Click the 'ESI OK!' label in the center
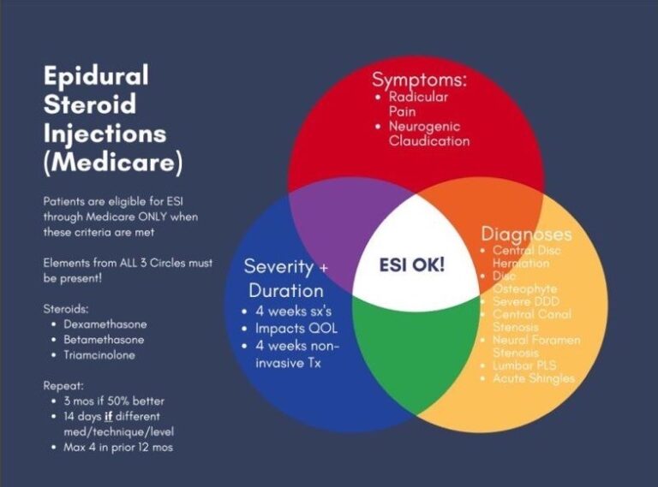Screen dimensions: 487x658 pos(412,264)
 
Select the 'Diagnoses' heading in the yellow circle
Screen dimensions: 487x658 pos(526,234)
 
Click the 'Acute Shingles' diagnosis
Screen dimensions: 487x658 pos(534,378)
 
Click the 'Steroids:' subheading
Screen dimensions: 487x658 pos(67,307)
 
